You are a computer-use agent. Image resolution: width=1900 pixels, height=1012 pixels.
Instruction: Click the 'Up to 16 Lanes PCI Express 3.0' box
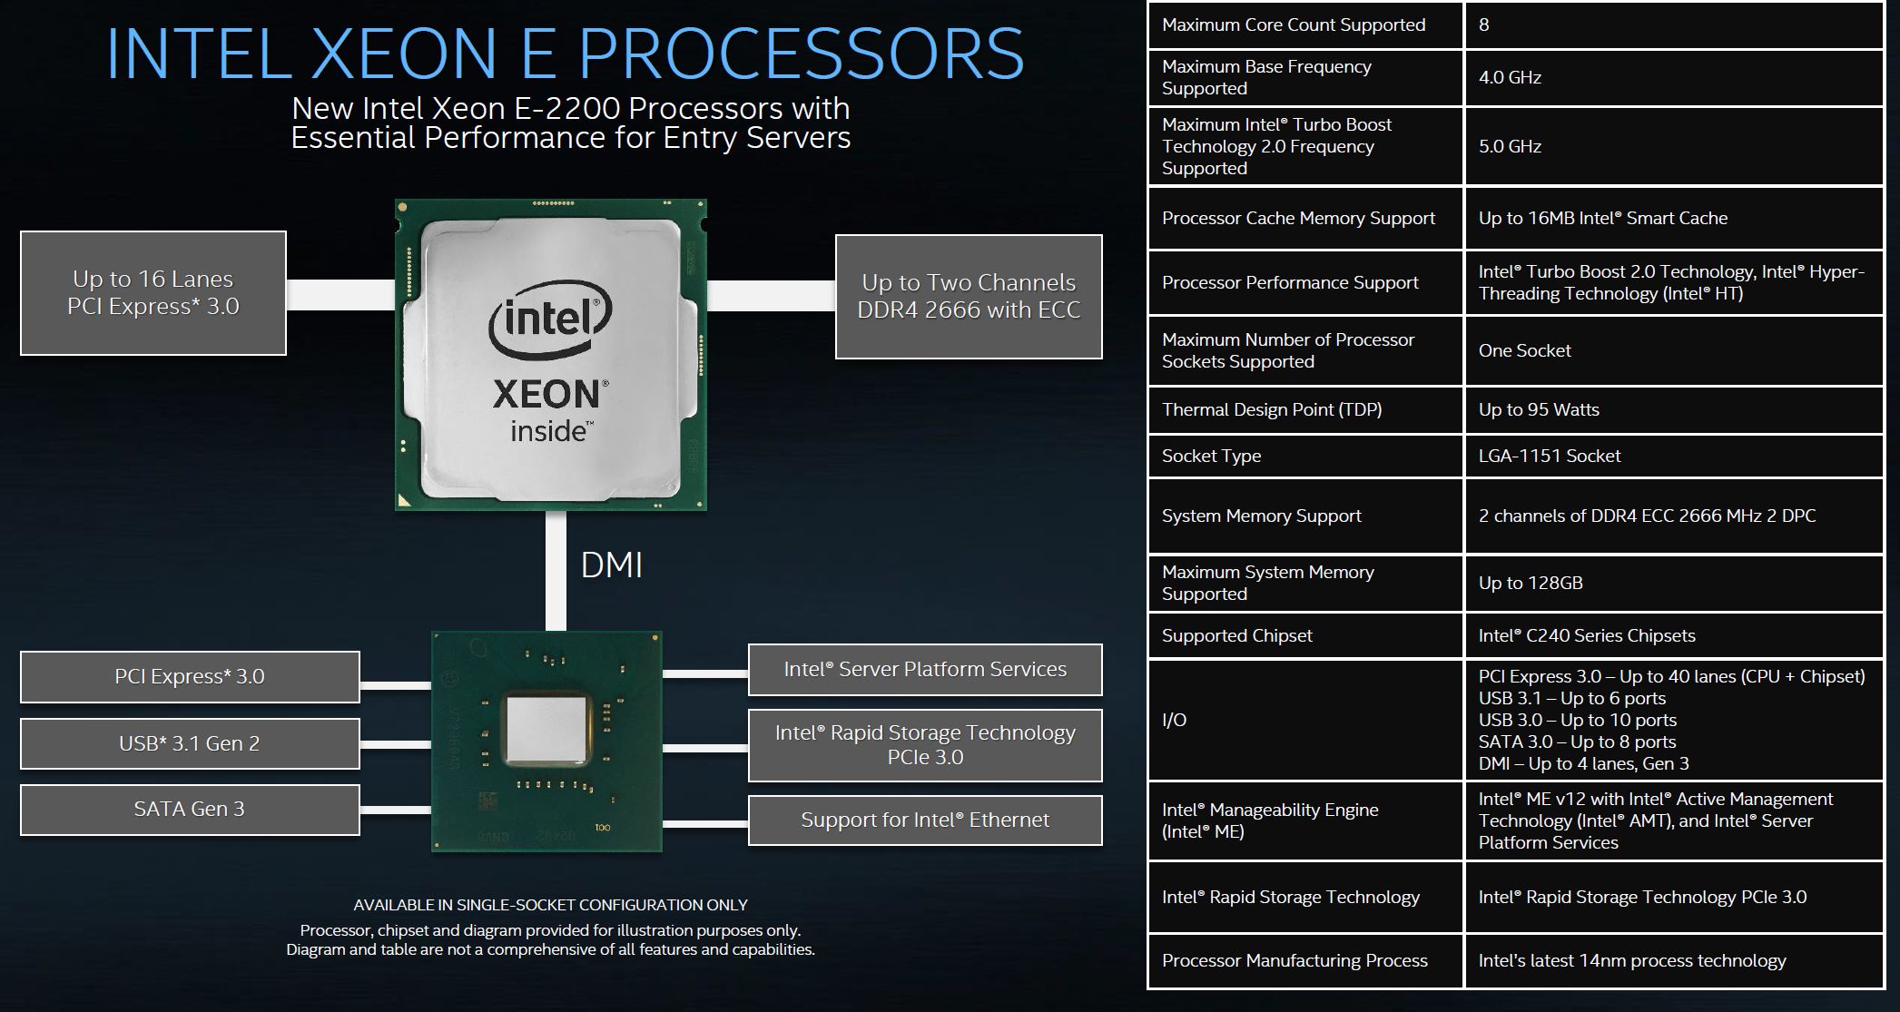tap(153, 292)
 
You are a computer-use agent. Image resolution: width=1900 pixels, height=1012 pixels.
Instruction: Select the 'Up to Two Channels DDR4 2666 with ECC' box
tap(969, 297)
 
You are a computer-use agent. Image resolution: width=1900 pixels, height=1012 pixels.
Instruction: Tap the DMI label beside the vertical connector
tap(611, 565)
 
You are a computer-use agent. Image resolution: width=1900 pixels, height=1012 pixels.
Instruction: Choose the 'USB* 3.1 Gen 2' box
tap(190, 743)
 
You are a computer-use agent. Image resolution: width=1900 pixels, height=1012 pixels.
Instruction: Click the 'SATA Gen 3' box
tap(190, 810)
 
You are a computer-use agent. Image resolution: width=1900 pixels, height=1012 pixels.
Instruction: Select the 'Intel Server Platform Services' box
tap(925, 670)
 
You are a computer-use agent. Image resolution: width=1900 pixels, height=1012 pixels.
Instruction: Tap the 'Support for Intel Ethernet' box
tap(925, 820)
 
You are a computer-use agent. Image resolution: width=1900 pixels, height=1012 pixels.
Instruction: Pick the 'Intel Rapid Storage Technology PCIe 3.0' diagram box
tap(925, 745)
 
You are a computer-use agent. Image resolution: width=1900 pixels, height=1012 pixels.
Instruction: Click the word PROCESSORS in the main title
tap(801, 54)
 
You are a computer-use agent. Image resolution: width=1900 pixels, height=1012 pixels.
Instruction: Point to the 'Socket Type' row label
tap(1211, 456)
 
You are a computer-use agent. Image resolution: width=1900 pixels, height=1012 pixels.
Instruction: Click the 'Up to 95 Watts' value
tap(1539, 409)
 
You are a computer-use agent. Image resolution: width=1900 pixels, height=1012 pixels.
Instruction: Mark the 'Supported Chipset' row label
tap(1236, 635)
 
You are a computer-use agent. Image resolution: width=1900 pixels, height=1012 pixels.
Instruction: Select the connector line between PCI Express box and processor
tap(340, 294)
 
